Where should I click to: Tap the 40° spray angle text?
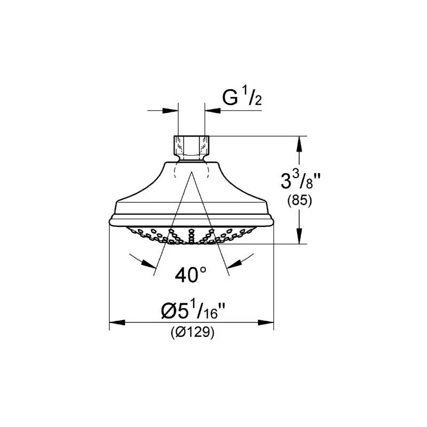click(191, 275)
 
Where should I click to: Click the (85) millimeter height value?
click(299, 201)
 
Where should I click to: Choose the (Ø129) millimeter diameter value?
click(193, 333)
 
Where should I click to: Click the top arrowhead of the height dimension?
click(299, 142)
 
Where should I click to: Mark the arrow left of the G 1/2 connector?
click(170, 111)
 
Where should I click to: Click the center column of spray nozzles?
click(191, 235)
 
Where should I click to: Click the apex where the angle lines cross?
click(191, 172)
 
